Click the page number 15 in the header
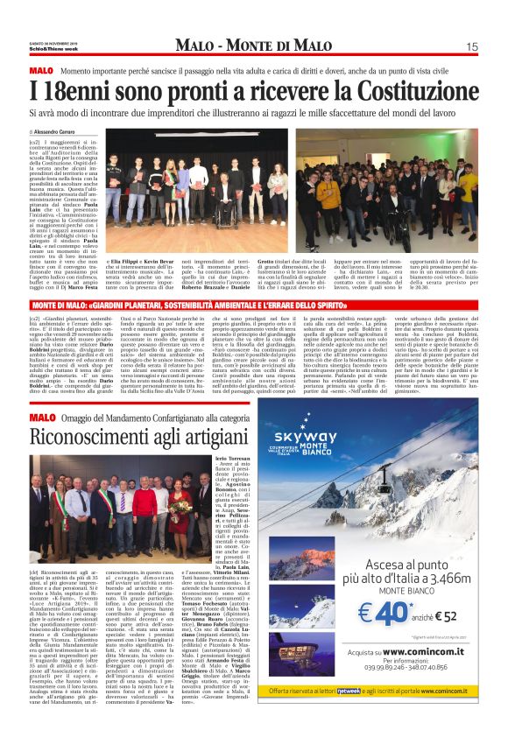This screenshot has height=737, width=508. coord(471,46)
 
